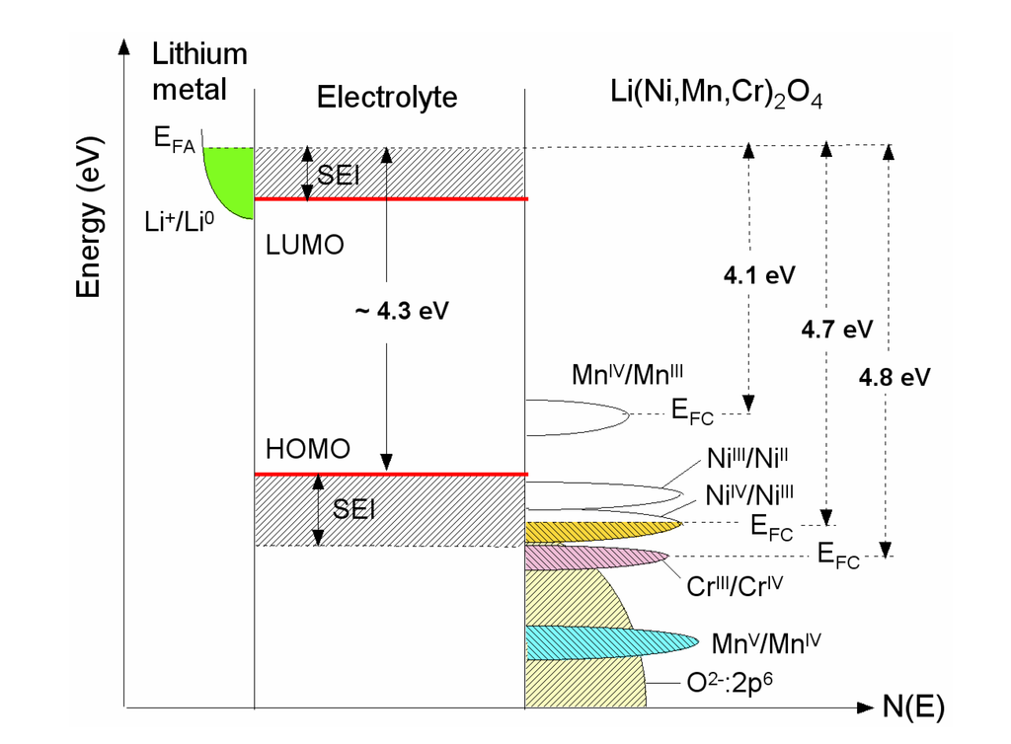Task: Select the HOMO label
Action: (x=308, y=449)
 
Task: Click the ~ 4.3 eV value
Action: (x=401, y=310)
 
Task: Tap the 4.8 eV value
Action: (x=894, y=376)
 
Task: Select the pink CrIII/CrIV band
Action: (x=592, y=558)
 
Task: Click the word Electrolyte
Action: (x=387, y=98)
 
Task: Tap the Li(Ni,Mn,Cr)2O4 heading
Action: (x=716, y=97)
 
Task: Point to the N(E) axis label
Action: (x=913, y=707)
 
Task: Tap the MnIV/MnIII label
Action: (x=628, y=375)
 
